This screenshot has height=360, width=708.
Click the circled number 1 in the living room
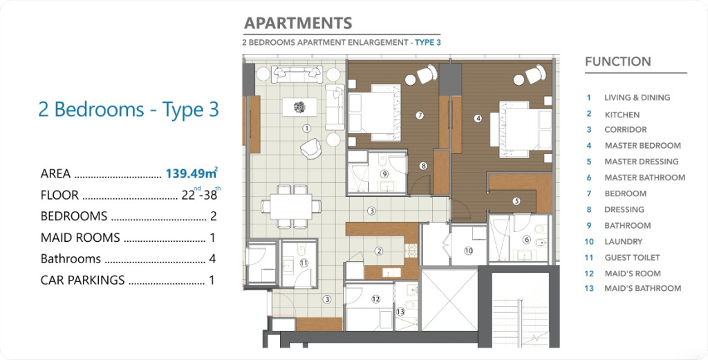click(x=307, y=129)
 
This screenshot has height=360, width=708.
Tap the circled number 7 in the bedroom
click(x=420, y=115)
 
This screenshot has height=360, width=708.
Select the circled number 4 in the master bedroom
click(x=478, y=119)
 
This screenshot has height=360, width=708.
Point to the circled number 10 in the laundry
click(x=468, y=250)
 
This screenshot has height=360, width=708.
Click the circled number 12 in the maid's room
click(x=375, y=299)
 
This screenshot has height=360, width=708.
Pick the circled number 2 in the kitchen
click(x=379, y=252)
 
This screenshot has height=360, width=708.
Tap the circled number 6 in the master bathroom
click(x=526, y=240)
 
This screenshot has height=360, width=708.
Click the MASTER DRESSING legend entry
click(x=641, y=162)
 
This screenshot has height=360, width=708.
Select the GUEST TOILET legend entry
click(x=632, y=258)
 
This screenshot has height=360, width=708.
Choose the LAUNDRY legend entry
click(x=623, y=242)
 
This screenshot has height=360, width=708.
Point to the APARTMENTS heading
click(x=298, y=23)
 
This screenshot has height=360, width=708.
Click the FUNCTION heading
click(x=617, y=61)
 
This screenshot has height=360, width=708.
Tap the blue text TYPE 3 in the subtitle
click(x=427, y=43)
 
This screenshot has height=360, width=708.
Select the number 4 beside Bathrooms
click(x=212, y=259)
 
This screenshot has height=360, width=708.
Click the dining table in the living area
click(x=291, y=207)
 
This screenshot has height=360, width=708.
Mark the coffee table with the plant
click(x=299, y=107)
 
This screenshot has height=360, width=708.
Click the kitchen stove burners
click(x=411, y=251)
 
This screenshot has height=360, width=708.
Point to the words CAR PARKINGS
click(x=83, y=280)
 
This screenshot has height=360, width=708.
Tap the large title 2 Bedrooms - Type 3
click(x=129, y=110)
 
